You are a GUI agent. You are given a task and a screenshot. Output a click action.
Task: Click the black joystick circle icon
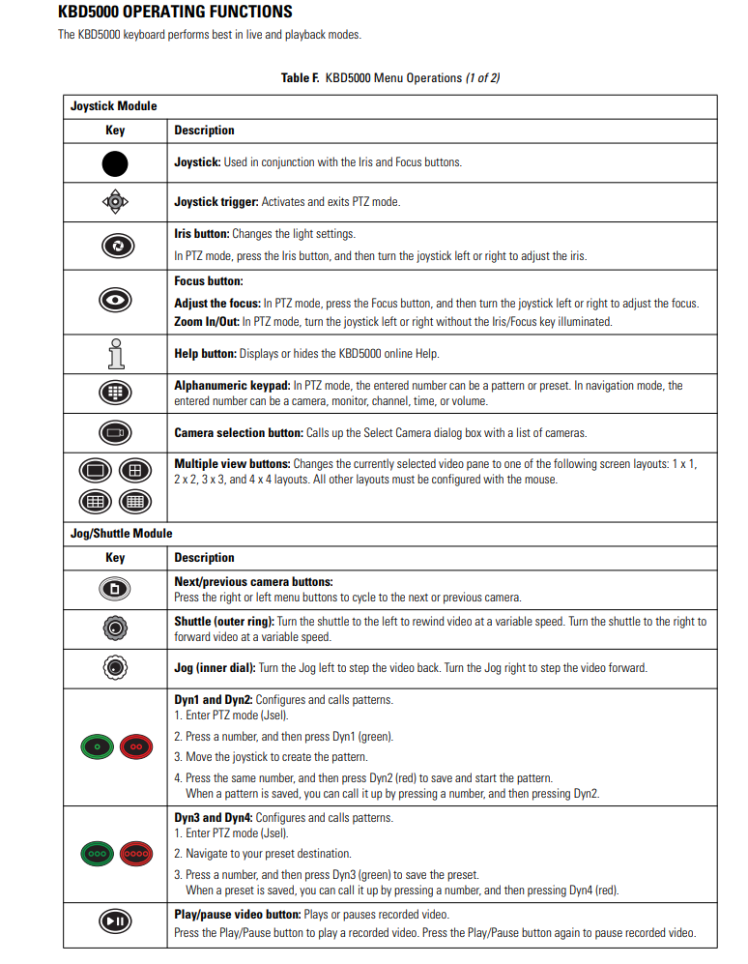pyautogui.click(x=115, y=162)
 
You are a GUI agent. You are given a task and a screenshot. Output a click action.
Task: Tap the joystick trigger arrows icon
pyautogui.click(x=115, y=202)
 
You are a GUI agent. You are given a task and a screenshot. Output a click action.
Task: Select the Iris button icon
pyautogui.click(x=115, y=246)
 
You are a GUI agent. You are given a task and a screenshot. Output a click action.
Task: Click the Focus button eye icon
pyautogui.click(x=115, y=301)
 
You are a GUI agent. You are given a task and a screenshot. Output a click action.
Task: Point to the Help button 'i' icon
pyautogui.click(x=115, y=353)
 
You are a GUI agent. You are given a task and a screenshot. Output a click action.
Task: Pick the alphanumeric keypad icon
pyautogui.click(x=115, y=393)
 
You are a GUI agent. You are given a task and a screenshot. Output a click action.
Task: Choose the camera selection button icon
pyautogui.click(x=115, y=432)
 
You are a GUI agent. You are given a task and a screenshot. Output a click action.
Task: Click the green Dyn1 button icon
pyautogui.click(x=97, y=746)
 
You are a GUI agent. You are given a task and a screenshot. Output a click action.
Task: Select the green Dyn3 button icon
pyautogui.click(x=97, y=855)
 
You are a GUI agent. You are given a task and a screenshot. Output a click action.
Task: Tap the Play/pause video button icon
pyautogui.click(x=115, y=921)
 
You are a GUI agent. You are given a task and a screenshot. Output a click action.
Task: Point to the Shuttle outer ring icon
pyautogui.click(x=115, y=628)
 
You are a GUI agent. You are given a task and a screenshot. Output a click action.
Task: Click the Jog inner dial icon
pyautogui.click(x=115, y=668)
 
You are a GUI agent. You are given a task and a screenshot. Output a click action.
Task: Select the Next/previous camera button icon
pyautogui.click(x=115, y=589)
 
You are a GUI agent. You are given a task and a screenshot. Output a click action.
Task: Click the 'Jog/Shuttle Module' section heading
pyautogui.click(x=121, y=534)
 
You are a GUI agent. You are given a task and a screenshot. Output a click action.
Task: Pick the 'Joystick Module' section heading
pyautogui.click(x=113, y=106)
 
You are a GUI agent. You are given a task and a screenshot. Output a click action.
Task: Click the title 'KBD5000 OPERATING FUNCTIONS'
pyautogui.click(x=175, y=13)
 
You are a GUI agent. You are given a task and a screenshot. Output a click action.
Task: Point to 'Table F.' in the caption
pyautogui.click(x=301, y=78)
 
